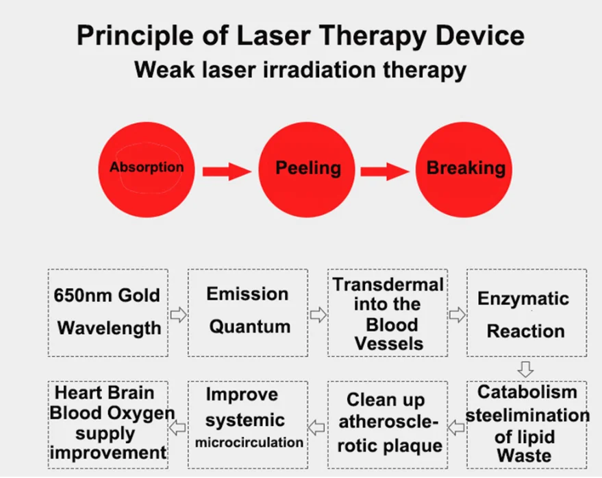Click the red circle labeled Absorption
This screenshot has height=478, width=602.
point(147,169)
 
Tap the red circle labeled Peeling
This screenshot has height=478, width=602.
point(306,169)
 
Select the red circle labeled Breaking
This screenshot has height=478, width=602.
point(464,169)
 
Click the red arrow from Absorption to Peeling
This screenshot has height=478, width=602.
point(227,171)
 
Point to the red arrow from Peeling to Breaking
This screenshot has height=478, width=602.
point(385,171)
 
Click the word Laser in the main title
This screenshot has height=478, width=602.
point(273,36)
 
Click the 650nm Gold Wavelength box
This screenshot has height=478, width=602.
point(108,313)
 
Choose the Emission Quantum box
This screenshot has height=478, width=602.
point(248,313)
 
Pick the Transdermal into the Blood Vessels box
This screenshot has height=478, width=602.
point(388,313)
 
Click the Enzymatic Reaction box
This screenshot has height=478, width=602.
point(527,313)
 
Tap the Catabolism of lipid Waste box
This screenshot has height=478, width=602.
point(527,425)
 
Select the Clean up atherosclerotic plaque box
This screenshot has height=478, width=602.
point(388,425)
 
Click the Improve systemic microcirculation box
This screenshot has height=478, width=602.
point(248,425)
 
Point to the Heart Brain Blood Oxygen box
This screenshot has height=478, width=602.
point(108,425)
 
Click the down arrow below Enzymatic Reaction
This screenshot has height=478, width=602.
point(525,369)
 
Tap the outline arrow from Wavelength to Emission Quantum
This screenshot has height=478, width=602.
point(178,315)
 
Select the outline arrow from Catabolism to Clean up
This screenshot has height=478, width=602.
point(457,427)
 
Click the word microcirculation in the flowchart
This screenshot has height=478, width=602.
point(249,442)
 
